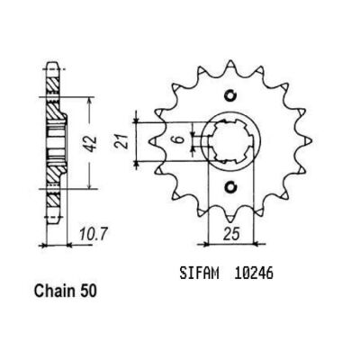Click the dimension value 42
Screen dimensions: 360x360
[x=92, y=143]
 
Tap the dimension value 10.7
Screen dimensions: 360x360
[x=93, y=233]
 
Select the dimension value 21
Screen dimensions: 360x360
[x=121, y=141]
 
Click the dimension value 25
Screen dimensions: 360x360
[x=231, y=233]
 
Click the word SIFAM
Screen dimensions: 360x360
[x=200, y=274]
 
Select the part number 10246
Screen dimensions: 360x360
[x=253, y=274]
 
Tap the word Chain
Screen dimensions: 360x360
[x=55, y=291]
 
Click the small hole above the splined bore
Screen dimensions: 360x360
[x=230, y=95]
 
